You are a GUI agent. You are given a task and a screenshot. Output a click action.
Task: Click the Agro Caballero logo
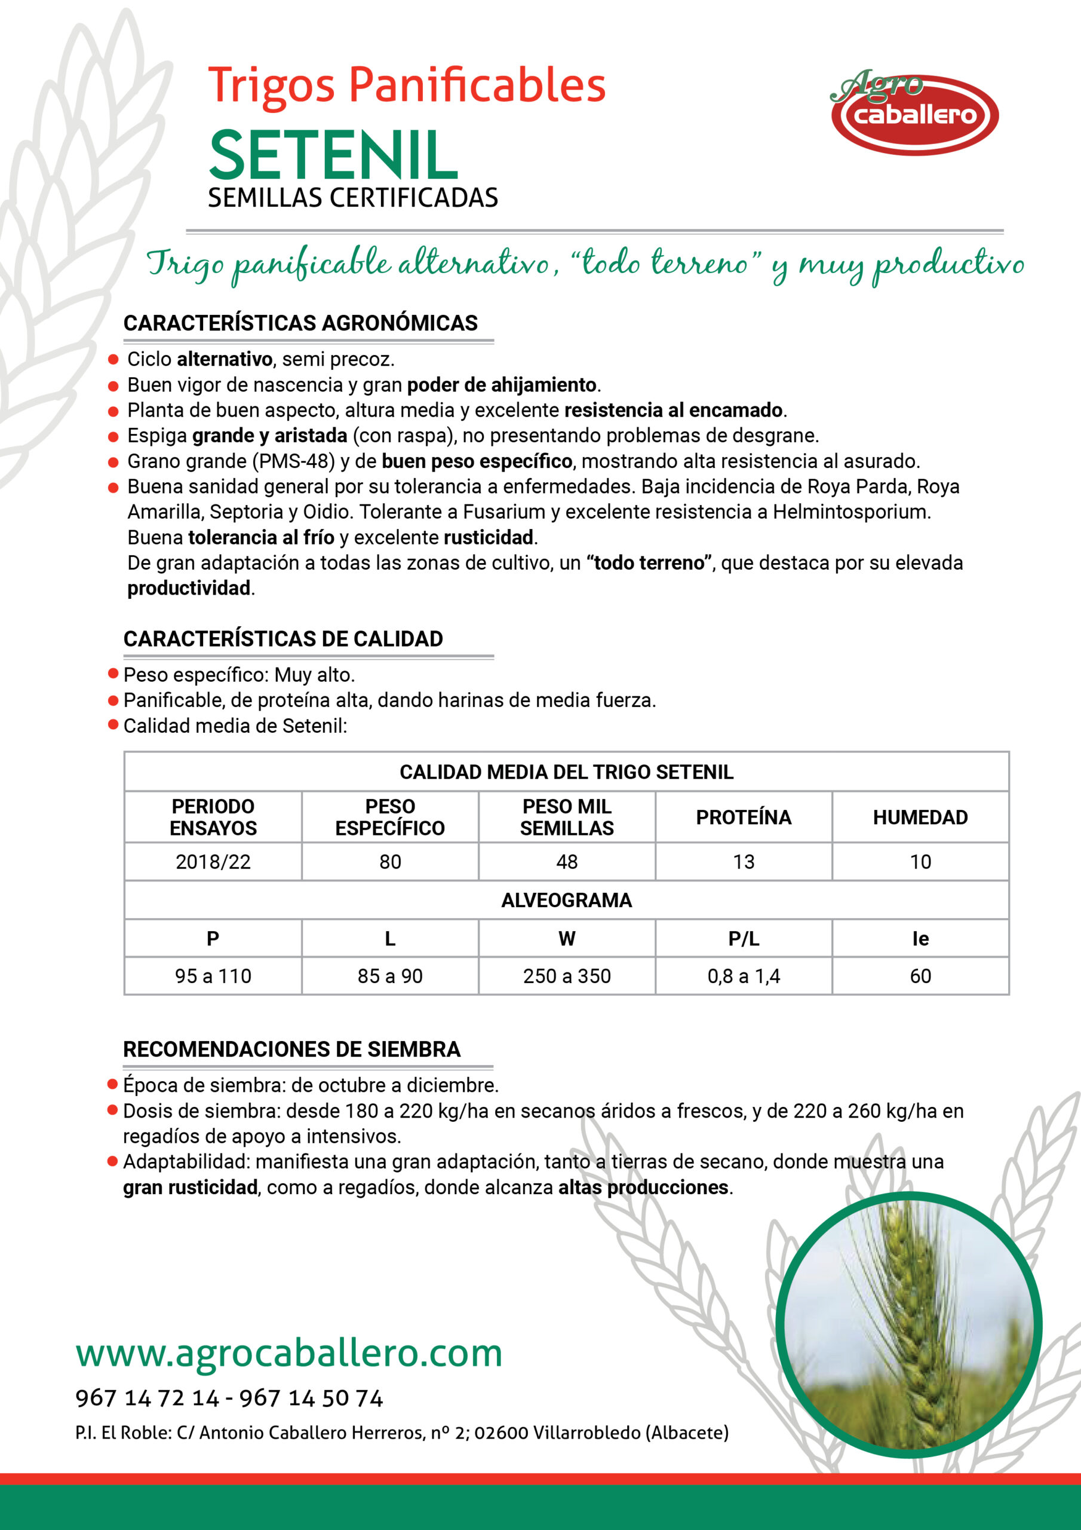[914, 112]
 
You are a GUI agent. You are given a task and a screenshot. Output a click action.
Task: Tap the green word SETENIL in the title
[333, 156]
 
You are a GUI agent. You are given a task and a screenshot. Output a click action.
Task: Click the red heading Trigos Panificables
[406, 85]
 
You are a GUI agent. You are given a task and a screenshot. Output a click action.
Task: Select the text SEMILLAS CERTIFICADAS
[352, 198]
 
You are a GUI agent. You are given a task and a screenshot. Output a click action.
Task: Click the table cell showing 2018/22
[213, 862]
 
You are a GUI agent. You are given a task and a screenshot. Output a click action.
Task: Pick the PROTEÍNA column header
[744, 817]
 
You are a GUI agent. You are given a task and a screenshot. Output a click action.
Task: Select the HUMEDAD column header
[920, 817]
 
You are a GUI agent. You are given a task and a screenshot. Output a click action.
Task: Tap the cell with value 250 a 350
[567, 976]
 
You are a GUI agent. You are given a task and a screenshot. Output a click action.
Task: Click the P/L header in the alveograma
[744, 938]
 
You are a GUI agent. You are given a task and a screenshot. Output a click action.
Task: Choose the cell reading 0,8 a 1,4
[744, 976]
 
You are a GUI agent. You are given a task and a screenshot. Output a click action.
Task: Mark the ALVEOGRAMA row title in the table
[567, 900]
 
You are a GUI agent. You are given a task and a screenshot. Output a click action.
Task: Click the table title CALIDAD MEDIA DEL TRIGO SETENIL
[567, 772]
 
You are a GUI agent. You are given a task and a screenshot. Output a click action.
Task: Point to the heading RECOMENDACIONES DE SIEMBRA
[291, 1049]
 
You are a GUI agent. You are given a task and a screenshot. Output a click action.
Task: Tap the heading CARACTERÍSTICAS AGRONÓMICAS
[300, 323]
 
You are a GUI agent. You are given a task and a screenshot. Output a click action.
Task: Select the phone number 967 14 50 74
[311, 1398]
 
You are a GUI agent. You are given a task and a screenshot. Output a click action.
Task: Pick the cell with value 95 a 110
[213, 976]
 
